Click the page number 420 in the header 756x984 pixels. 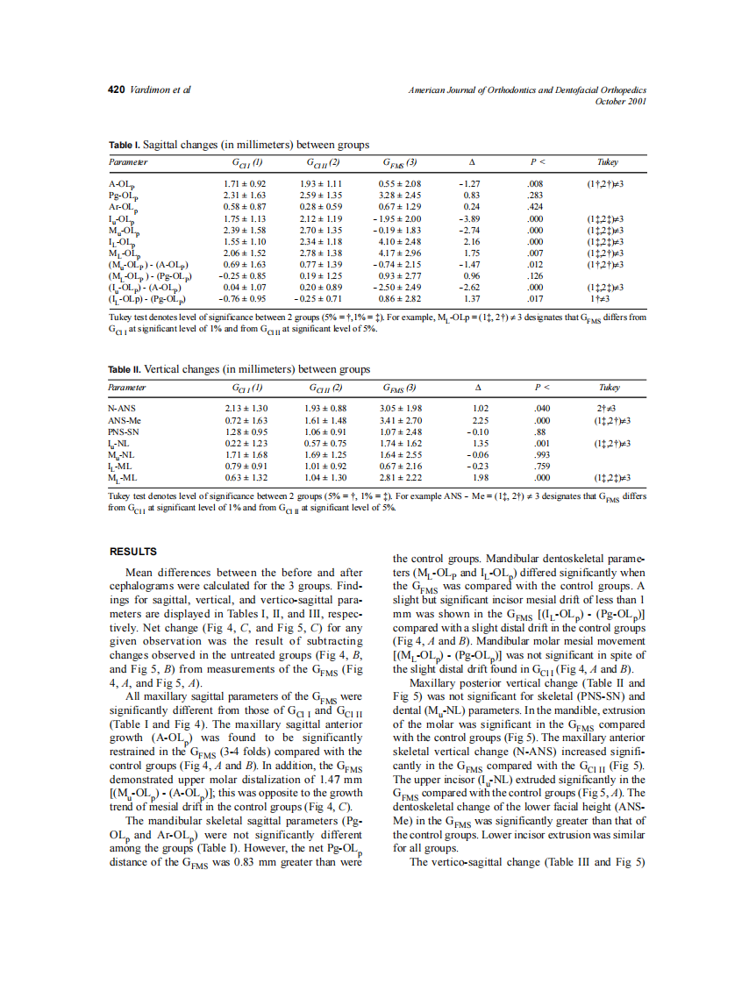[x=117, y=90]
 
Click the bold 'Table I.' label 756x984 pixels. [x=124, y=145]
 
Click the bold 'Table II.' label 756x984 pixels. [x=125, y=369]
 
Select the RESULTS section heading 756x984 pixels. [x=132, y=552]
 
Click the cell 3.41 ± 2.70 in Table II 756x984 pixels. [x=402, y=421]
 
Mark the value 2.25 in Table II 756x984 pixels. [x=480, y=421]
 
